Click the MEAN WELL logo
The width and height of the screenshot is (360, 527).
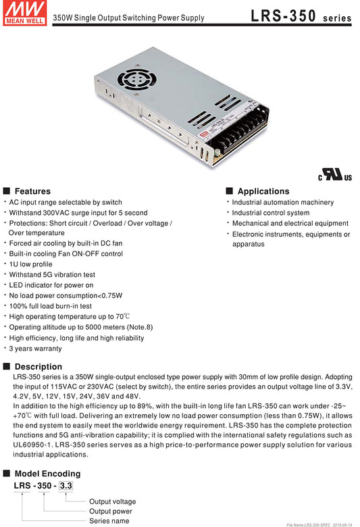pyautogui.click(x=24, y=13)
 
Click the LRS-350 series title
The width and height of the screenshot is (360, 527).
pyautogui.click(x=301, y=16)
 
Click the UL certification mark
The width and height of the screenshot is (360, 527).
pyautogui.click(x=335, y=175)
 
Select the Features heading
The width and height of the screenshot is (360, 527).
pyautogui.click(x=32, y=191)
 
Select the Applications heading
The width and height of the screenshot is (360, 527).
pyautogui.click(x=263, y=191)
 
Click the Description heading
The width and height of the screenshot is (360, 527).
pyautogui.click(x=38, y=367)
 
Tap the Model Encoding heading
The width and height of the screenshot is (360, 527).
pyautogui.click(x=47, y=474)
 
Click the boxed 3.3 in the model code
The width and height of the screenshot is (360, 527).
pyautogui.click(x=66, y=486)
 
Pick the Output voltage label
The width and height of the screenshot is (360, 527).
pyautogui.click(x=113, y=501)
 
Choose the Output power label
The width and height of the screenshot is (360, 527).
pyautogui.click(x=111, y=511)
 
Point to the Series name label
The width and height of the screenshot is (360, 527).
pyautogui.click(x=109, y=521)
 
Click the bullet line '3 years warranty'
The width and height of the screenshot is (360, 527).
pyautogui.click(x=35, y=349)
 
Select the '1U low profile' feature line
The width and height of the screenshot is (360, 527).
pyautogui.click(x=30, y=264)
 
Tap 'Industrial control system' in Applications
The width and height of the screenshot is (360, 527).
pyautogui.click(x=271, y=213)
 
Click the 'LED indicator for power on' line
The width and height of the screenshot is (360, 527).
pyautogui.click(x=51, y=285)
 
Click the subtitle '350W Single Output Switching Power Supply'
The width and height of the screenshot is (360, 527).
pyautogui.click(x=129, y=18)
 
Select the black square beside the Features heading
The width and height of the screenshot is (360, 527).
pyautogui.click(x=6, y=191)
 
